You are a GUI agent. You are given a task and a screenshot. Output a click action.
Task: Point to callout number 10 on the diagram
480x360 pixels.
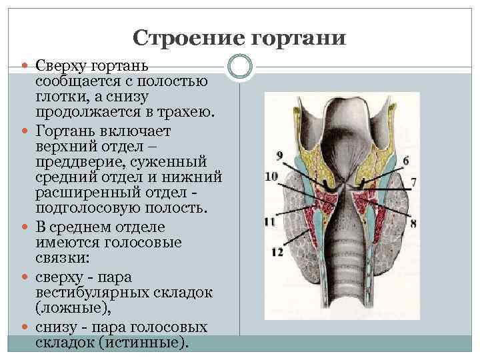[x=271, y=177]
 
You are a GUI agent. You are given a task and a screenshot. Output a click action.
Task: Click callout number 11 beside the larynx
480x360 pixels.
[x=270, y=221]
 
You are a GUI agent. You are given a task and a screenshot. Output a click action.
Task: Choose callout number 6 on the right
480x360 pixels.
[x=405, y=161]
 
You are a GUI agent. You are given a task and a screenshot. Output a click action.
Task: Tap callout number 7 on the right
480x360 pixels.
[x=413, y=181]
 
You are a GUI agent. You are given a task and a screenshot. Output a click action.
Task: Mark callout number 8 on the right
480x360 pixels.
[x=413, y=223]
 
